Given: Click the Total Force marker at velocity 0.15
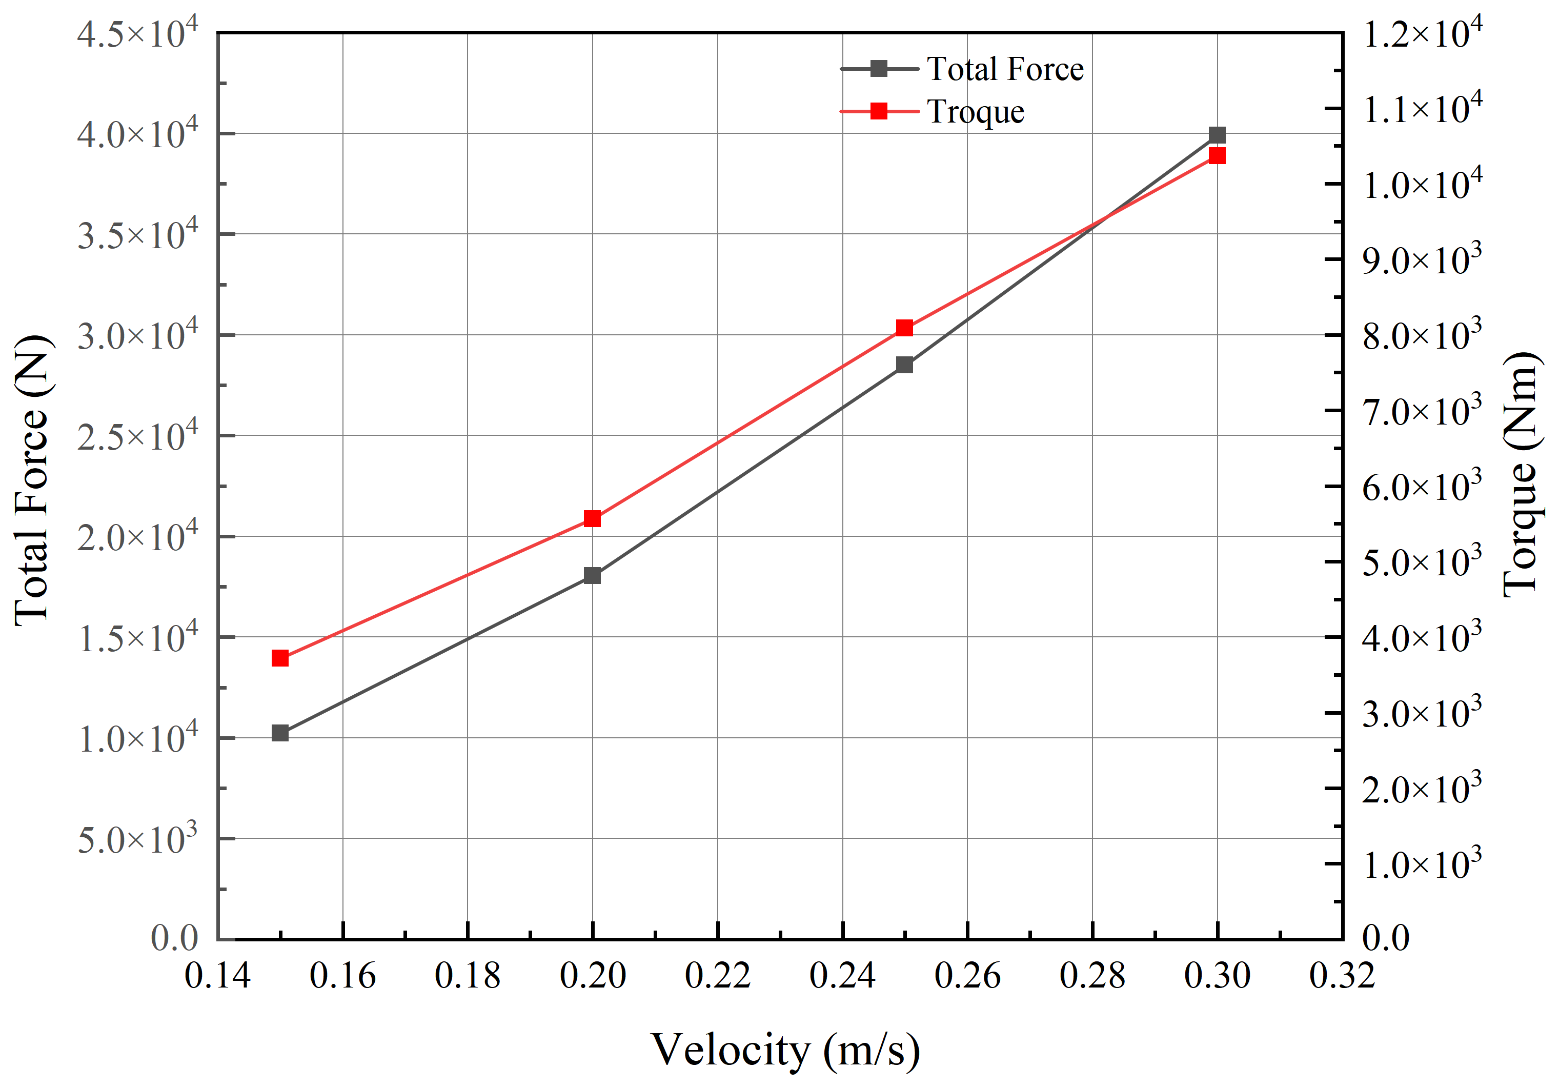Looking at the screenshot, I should point(280,733).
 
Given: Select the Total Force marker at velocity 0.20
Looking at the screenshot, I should point(592,575).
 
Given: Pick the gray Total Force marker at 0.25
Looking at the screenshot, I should point(904,365).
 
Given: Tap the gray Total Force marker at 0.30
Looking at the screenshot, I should point(1217,134).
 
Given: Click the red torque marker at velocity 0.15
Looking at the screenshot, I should point(280,658).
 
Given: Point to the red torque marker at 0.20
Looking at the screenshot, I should point(592,519).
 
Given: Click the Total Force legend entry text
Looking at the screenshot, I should point(1005,69).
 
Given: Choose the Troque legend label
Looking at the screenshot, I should point(976,112).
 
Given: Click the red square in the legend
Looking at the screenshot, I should point(879,111).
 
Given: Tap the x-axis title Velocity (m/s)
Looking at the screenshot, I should point(785,1050).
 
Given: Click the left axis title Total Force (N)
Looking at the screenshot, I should point(32,479).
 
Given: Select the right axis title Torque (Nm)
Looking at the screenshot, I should point(1521,475).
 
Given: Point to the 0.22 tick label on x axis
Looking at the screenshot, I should point(718,976).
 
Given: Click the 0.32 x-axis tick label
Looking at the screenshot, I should point(1342,976).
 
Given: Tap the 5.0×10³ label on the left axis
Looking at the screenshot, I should point(137,839).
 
